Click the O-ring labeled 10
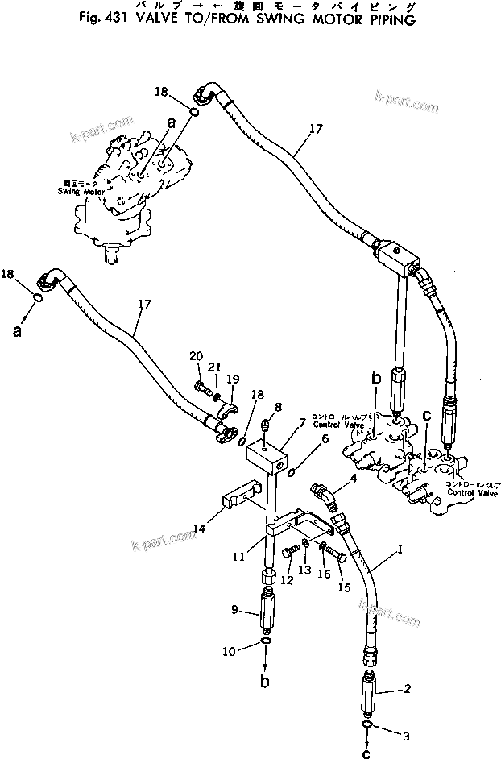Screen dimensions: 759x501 pos(267,642)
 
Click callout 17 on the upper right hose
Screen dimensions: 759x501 pos(314,126)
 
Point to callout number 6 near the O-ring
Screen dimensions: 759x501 pos(325,438)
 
